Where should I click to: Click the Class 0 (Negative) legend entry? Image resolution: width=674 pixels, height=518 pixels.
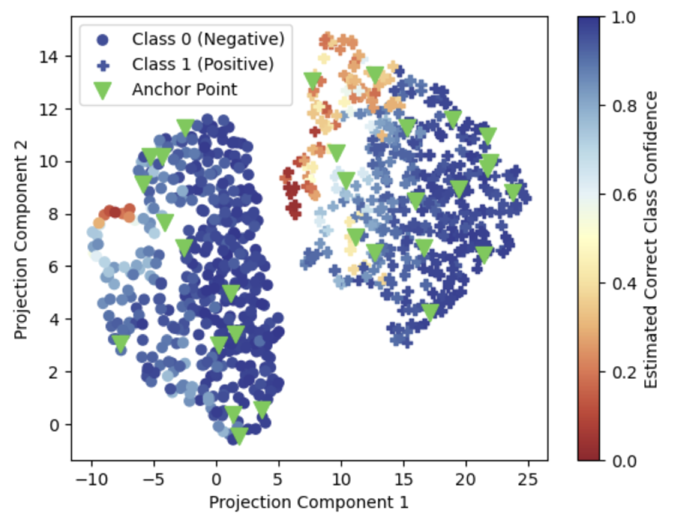pyautogui.click(x=207, y=39)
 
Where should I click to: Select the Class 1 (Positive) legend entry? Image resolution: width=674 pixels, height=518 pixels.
pyautogui.click(x=202, y=64)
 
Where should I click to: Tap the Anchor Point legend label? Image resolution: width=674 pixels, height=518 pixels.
pyautogui.click(x=184, y=89)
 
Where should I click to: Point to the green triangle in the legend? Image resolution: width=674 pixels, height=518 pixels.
pyautogui.click(x=103, y=90)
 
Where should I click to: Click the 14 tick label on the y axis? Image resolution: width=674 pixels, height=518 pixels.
pyautogui.click(x=48, y=56)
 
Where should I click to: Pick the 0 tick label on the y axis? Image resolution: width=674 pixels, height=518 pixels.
pyautogui.click(x=53, y=425)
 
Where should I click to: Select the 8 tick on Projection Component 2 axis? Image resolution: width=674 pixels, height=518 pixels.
pyautogui.click(x=53, y=214)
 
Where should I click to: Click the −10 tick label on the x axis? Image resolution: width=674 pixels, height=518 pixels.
pyautogui.click(x=91, y=479)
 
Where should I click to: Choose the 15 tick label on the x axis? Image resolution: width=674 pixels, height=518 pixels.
pyautogui.click(x=403, y=479)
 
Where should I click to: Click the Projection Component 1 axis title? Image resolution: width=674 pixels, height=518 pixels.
pyautogui.click(x=308, y=502)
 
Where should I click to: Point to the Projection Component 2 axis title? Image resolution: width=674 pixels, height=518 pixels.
pyautogui.click(x=20, y=240)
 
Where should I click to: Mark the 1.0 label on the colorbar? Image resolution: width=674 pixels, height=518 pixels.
pyautogui.click(x=623, y=18)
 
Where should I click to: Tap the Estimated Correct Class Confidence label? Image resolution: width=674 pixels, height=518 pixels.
pyautogui.click(x=650, y=240)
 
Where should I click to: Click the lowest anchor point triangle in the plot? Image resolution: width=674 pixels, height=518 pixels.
pyautogui.click(x=239, y=435)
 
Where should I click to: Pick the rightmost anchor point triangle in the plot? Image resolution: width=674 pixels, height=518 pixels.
pyautogui.click(x=513, y=191)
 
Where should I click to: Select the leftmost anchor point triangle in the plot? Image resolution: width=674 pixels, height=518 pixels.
pyautogui.click(x=121, y=342)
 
